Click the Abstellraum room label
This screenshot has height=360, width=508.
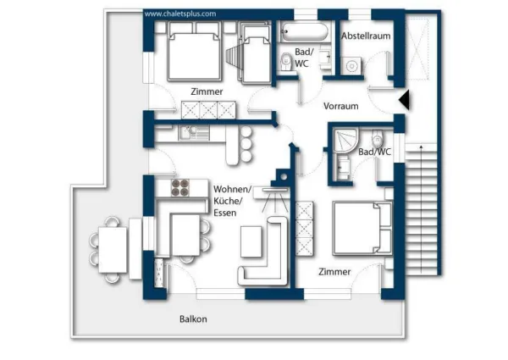coord(366,36)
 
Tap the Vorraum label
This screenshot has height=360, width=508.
coord(341,106)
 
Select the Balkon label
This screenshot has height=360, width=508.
coord(193,318)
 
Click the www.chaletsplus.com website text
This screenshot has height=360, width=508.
coord(180,14)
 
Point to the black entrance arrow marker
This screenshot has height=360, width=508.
coord(405,99)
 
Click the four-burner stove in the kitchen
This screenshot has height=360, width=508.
coord(180,187)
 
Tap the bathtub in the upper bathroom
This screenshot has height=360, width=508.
coord(304,31)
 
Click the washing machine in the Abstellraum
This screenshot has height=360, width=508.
coord(351,66)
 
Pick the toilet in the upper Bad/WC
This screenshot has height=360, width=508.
coord(286,61)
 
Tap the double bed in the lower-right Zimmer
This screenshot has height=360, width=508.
coord(362,228)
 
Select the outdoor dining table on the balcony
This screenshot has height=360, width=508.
coord(113,250)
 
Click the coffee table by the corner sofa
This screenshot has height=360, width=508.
coord(251,241)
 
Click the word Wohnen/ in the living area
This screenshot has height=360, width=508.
coord(232,189)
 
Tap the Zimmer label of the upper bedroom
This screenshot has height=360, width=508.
coord(207,91)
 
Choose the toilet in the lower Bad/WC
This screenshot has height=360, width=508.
coord(377,139)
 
